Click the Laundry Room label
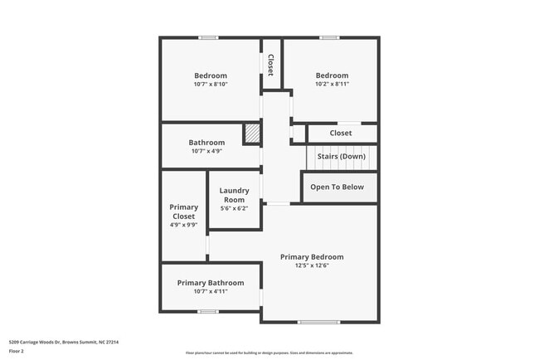pos(234,195)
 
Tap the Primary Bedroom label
pos(312,257)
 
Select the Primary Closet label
pos(183,212)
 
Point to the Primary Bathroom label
pos(211,283)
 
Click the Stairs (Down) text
pos(341,156)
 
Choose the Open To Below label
pos(337,187)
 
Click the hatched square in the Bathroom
pos(251,134)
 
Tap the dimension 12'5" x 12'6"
pos(312,265)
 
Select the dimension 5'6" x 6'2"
pos(234,208)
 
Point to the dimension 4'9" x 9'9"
pos(183,225)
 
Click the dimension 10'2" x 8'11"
pos(332,84)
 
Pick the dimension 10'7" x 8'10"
pos(211,84)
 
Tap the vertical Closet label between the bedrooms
pos(271,65)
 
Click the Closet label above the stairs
pos(340,133)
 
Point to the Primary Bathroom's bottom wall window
pos(208,312)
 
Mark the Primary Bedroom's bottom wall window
pos(319,322)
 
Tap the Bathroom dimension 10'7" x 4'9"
pos(206,151)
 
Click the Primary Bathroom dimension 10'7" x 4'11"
pos(211,291)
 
